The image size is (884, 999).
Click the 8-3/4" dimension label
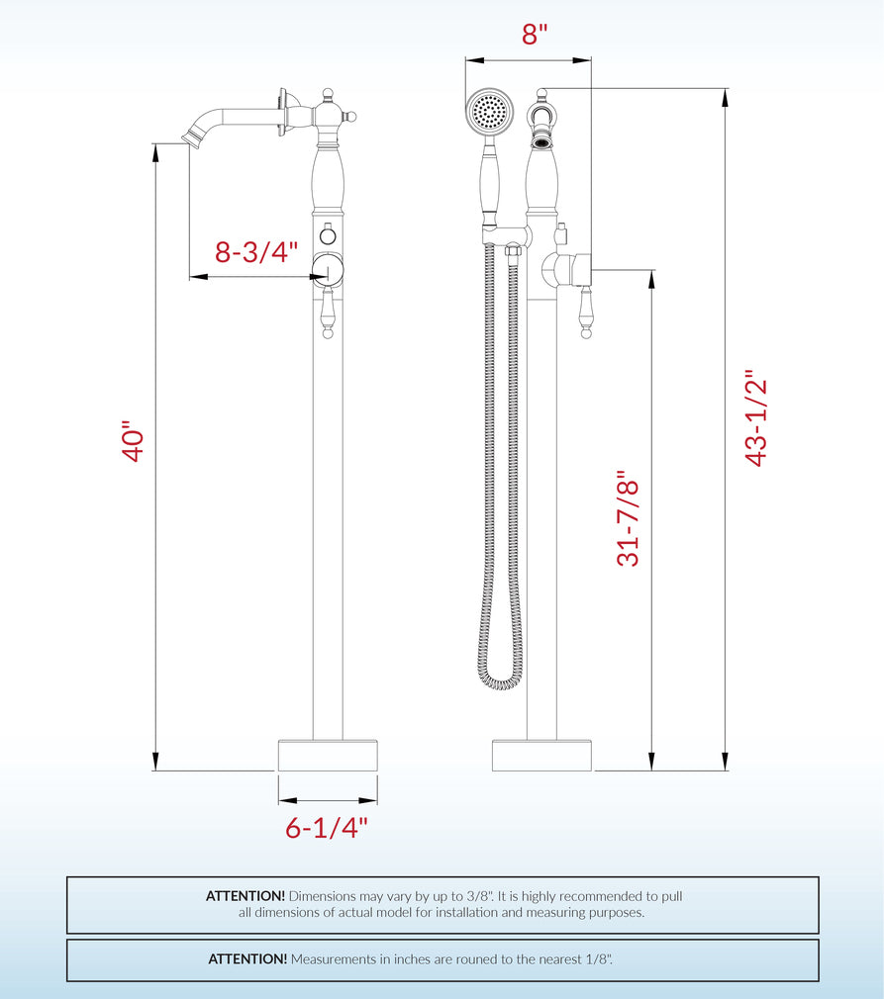point(256,252)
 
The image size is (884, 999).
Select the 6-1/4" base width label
point(327,828)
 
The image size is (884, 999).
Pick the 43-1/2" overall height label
point(756,419)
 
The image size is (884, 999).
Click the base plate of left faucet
point(328,756)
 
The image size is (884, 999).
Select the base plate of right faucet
point(541,756)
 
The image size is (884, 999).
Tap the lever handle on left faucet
point(329,315)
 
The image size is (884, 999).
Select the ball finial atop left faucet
point(328,95)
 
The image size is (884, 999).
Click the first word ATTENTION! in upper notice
point(245,896)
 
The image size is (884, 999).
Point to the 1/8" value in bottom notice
point(596,959)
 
